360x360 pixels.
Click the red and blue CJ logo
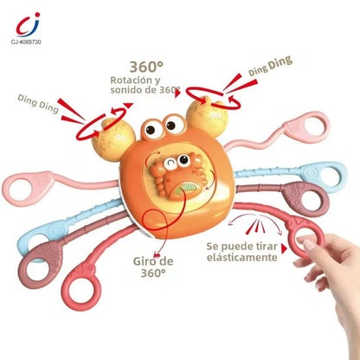click(27, 25)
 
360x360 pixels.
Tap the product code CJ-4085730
click(26, 42)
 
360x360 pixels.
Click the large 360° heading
click(146, 67)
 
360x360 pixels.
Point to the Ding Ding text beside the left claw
click(38, 103)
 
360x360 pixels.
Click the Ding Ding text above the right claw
click(271, 66)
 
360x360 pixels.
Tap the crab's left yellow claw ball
click(113, 139)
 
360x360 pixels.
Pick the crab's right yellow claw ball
click(207, 117)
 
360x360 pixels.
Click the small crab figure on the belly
click(178, 177)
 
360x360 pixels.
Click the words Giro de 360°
click(153, 267)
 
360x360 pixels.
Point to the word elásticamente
click(242, 257)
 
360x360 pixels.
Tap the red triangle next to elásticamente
click(285, 249)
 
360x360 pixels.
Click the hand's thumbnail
click(310, 245)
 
